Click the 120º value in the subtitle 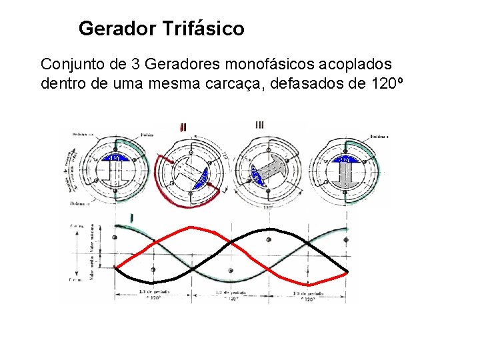pyautogui.click(x=385, y=85)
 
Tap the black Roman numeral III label pyautogui.click(x=260, y=125)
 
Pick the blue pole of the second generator pyautogui.click(x=199, y=178)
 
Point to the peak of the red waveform pyautogui.click(x=192, y=227)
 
